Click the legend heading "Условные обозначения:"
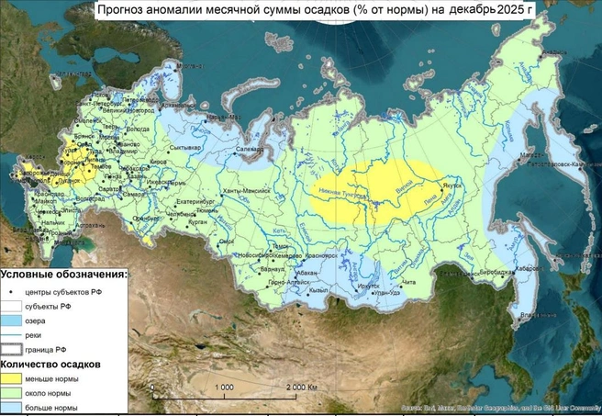[63, 275]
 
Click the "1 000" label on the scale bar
[223, 388]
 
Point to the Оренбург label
[145, 218]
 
